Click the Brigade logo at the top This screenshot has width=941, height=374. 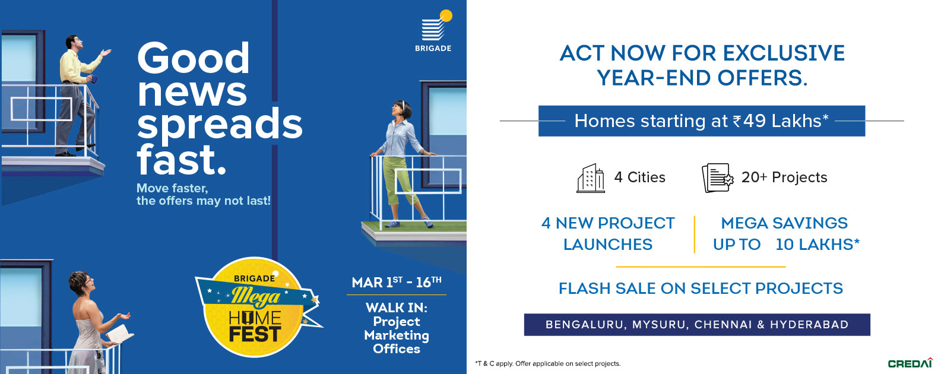pos(433,31)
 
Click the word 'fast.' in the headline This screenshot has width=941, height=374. pos(182,160)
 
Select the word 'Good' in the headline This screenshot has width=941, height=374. pos(193,58)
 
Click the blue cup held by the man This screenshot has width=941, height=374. pos(94,78)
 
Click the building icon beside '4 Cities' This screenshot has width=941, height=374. pos(591,178)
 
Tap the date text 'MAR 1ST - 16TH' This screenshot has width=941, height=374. pos(397,282)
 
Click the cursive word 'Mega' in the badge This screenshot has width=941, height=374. pos(255,296)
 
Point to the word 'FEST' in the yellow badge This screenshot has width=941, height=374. pos(255,334)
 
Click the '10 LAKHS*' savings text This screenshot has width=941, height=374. pos(818,245)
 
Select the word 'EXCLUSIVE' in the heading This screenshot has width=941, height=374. pos(784,53)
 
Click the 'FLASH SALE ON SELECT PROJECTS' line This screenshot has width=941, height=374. pos(701,289)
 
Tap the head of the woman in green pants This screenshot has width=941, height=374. pos(401,110)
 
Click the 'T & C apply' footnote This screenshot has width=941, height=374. pos(494,363)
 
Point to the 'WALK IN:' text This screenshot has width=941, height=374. pos(397,308)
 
